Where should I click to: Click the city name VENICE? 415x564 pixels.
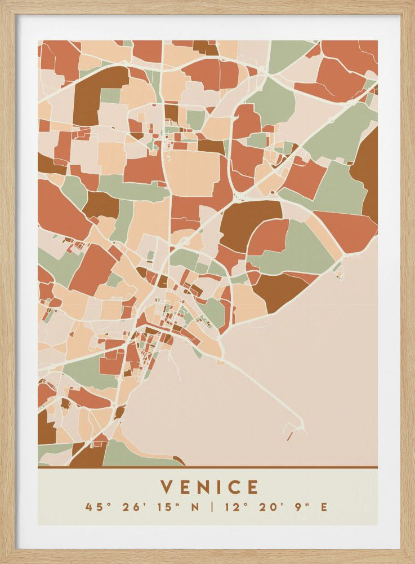tap(209, 487)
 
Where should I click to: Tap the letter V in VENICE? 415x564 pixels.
tap(166, 487)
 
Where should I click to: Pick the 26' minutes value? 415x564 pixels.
tap(132, 506)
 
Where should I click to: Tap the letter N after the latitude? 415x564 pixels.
tap(195, 506)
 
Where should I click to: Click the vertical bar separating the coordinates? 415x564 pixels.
tap(212, 506)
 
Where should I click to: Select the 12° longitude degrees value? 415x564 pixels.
tap(233, 506)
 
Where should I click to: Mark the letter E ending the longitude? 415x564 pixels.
tap(324, 506)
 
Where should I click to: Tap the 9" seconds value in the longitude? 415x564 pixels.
tap(302, 506)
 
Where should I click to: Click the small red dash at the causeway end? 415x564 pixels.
tap(289, 436)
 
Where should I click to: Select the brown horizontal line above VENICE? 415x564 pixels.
tap(207, 467)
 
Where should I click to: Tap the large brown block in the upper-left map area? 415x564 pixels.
tap(93, 96)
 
